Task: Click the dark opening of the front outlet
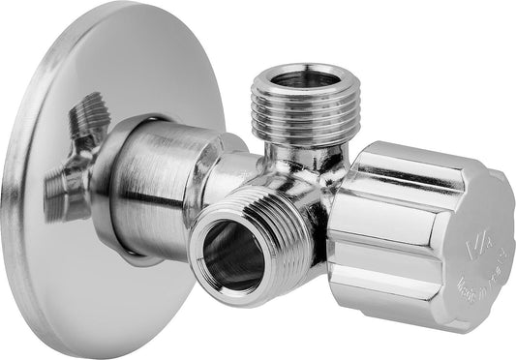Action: click(x=231, y=256)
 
